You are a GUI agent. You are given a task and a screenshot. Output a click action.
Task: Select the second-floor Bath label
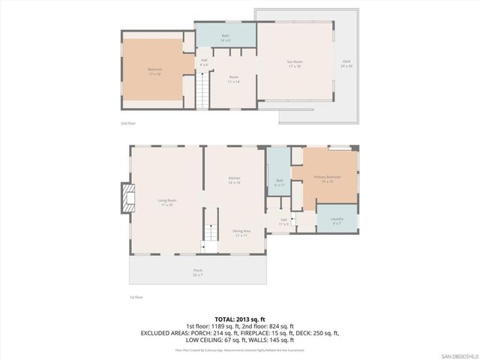point(225,37)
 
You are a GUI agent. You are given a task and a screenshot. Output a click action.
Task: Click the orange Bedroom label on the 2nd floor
point(154,71)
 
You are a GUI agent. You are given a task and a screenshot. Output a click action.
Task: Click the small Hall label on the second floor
point(203,62)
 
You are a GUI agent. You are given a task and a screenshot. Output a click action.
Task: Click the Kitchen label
point(234,180)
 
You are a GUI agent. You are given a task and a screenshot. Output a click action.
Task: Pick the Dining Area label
point(241,233)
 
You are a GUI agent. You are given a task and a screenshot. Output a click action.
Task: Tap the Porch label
point(198,271)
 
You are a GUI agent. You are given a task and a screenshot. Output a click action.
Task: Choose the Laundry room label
point(336,220)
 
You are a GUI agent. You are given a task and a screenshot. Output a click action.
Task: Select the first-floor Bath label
point(279,182)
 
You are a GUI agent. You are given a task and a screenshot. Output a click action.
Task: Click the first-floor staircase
point(211,234)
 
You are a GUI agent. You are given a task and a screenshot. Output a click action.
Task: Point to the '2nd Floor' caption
point(129,122)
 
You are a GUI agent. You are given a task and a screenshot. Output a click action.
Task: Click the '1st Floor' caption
point(137,297)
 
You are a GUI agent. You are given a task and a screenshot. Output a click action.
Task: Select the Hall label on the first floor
point(284,222)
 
